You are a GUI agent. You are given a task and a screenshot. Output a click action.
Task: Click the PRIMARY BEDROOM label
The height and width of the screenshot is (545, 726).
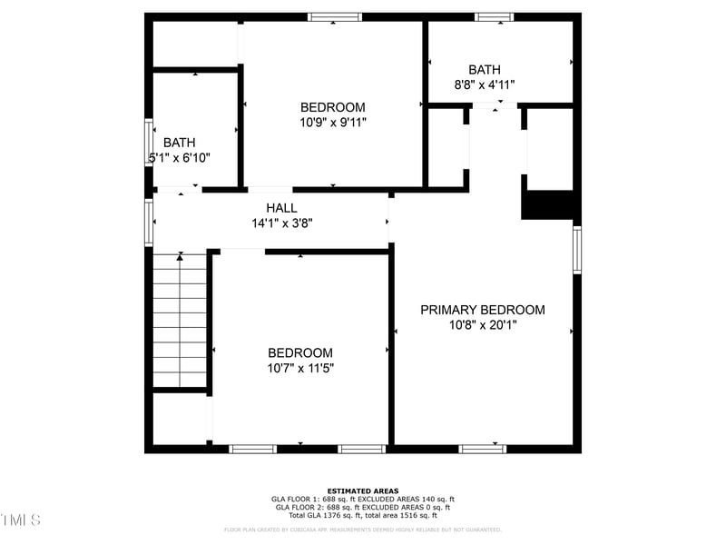tap(482, 310)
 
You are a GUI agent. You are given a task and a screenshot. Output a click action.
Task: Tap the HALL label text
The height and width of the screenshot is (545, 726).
tap(281, 208)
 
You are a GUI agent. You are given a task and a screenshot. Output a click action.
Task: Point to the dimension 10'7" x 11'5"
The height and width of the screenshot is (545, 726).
tap(299, 368)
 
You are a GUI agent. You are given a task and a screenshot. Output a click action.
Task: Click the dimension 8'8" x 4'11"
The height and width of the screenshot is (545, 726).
tap(485, 84)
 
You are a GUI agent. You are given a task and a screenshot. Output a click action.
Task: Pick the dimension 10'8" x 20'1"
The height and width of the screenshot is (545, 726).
tap(482, 324)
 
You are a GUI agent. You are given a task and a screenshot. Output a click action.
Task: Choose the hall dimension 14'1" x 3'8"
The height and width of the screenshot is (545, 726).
tap(282, 223)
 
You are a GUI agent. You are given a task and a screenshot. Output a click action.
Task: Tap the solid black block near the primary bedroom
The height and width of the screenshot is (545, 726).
tap(548, 204)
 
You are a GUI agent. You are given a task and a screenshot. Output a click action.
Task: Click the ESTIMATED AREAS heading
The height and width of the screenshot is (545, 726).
tap(363, 490)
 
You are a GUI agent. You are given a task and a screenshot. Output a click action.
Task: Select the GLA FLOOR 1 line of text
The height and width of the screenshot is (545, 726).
tap(363, 499)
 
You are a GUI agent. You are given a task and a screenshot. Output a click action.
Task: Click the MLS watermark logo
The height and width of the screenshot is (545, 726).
tap(20, 520)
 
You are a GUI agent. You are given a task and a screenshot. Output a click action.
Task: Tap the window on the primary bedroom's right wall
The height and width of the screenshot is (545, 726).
tap(577, 250)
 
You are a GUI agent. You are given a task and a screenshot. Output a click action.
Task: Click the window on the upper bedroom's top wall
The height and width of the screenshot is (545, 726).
tap(334, 16)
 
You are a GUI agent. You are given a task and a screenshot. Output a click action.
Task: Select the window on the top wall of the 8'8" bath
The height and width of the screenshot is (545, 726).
tap(495, 16)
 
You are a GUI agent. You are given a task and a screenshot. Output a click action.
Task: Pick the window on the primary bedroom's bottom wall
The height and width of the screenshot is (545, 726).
tap(483, 449)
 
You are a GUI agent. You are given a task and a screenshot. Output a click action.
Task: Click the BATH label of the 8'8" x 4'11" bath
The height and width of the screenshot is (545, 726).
tap(485, 70)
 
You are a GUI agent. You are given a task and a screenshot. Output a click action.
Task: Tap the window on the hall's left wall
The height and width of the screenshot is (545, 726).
tap(149, 223)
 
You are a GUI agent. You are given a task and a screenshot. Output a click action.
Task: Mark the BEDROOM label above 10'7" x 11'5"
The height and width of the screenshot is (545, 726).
tap(299, 353)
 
